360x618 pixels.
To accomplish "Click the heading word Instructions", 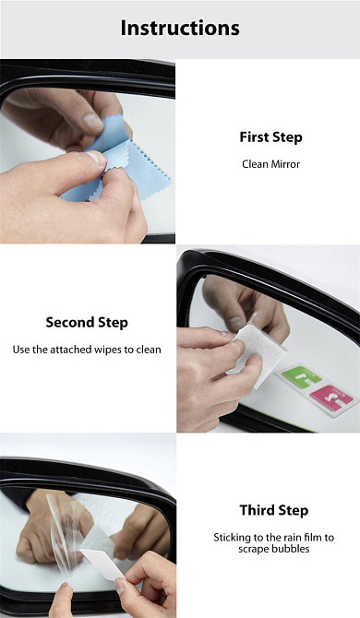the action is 180,28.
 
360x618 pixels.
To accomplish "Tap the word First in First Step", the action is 254,137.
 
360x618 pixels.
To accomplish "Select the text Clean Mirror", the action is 270,164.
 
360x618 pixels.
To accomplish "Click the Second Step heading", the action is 87,323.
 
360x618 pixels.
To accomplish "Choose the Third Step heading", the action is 273,510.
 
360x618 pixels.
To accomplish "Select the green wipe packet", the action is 301,376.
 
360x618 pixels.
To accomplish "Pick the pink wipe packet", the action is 331,398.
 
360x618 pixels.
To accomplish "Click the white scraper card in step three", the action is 103,563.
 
